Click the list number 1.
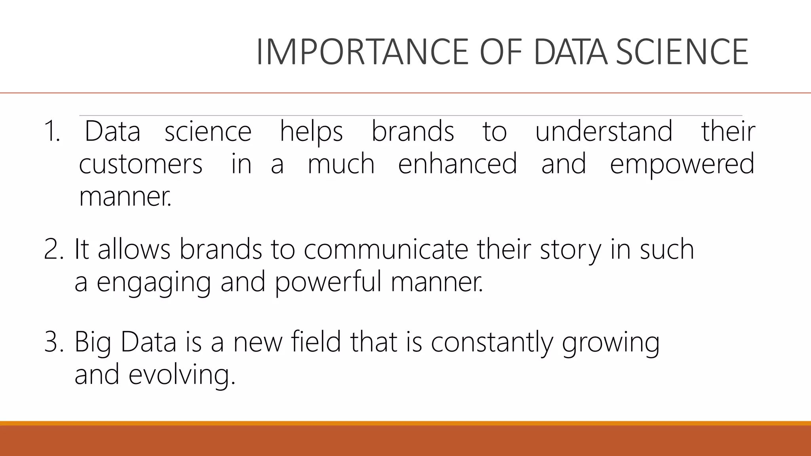coord(51,131)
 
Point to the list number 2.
coord(53,249)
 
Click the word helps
coord(311,131)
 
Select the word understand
coord(603,131)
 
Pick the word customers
coord(141,164)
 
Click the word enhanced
coord(457,164)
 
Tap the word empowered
coord(682,164)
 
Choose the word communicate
coord(386,249)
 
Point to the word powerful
coord(328,282)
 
